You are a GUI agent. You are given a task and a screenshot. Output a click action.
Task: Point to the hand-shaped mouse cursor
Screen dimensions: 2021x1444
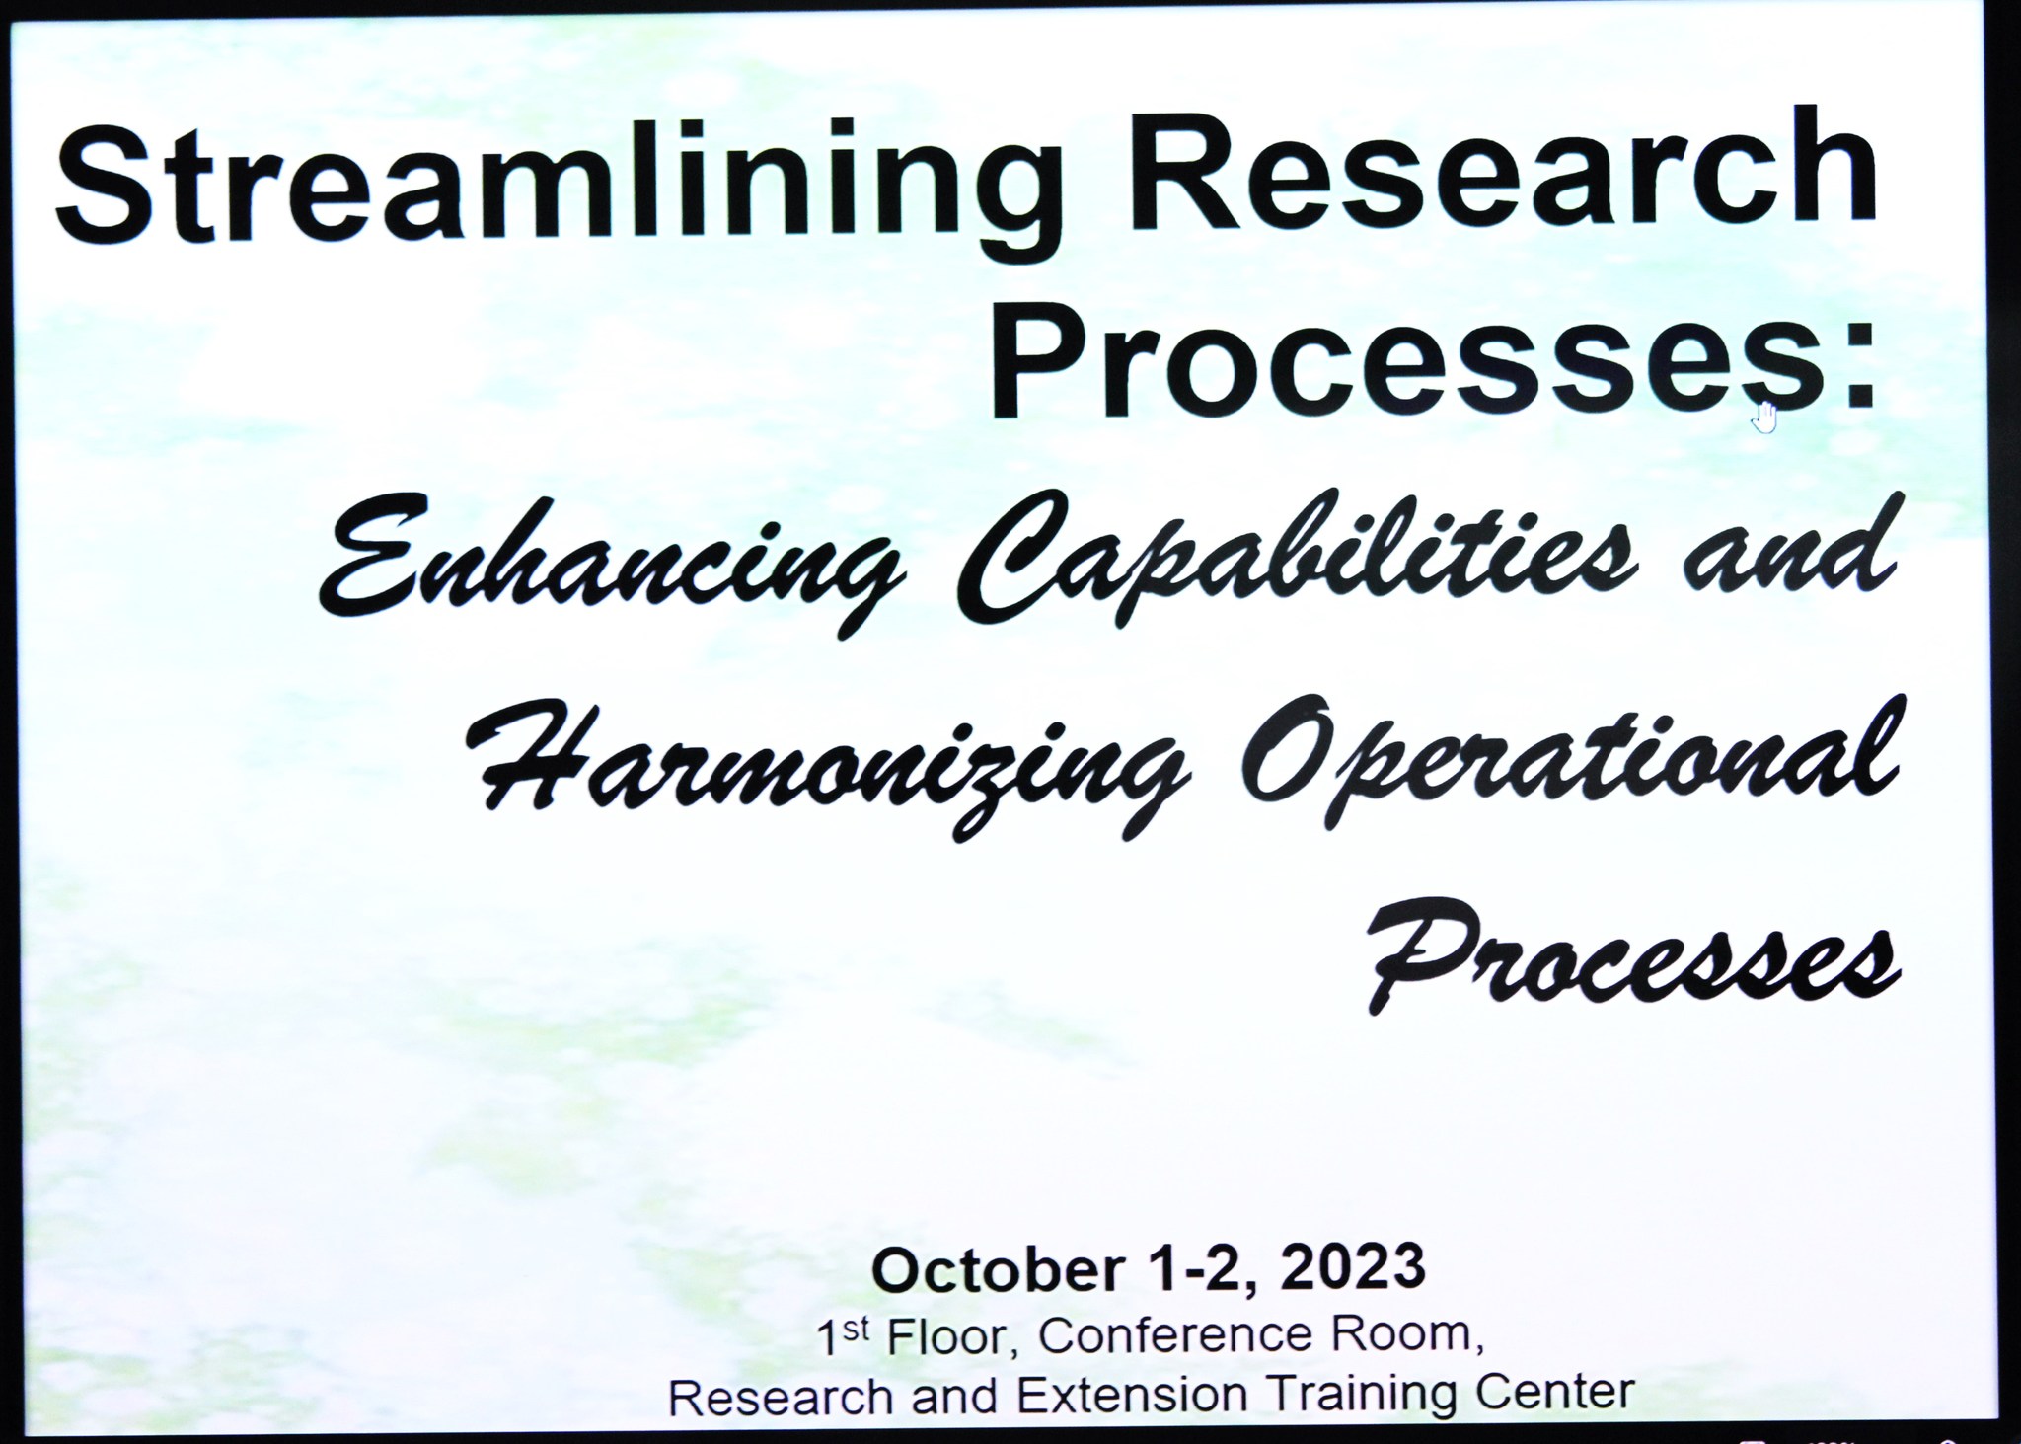[x=1764, y=417]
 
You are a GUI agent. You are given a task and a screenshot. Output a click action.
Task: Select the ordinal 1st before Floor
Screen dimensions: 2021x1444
[x=844, y=1337]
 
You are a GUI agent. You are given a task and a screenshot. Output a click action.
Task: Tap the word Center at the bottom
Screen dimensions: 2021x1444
[x=1559, y=1394]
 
